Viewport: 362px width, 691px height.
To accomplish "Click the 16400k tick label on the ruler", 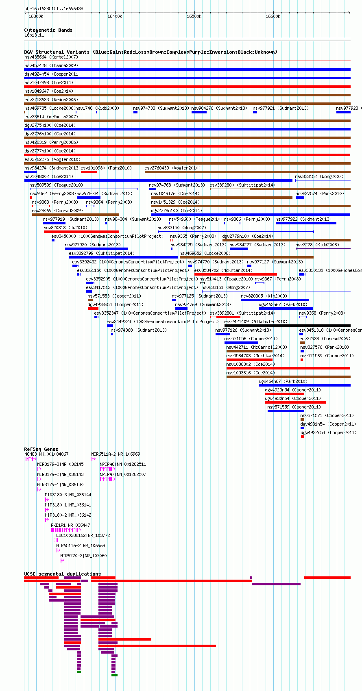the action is click(x=114, y=16).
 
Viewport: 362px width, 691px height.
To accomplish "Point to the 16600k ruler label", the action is click(x=273, y=16).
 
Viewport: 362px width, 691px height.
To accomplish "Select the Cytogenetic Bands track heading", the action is click(x=48, y=30).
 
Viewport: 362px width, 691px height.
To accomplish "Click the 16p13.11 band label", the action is click(x=34, y=35).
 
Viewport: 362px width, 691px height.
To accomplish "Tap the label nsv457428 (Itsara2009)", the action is click(x=51, y=65).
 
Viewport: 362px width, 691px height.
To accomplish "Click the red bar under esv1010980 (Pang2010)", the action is click(x=89, y=172).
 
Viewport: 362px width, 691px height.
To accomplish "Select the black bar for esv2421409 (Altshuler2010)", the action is click(x=287, y=326).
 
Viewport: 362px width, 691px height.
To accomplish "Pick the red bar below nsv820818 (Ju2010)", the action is click(x=81, y=232).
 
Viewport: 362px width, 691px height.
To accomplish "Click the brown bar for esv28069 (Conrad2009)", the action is click(x=76, y=214).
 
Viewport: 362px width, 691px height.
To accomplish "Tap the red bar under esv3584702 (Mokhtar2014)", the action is click(x=236, y=274).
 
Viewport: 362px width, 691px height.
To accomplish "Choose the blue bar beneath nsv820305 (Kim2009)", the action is click(x=275, y=300).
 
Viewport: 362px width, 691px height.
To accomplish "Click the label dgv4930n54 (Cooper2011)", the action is click(x=293, y=399).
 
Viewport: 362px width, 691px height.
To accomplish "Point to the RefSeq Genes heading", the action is click(x=41, y=449).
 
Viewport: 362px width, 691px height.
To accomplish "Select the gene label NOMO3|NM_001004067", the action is click(x=47, y=454).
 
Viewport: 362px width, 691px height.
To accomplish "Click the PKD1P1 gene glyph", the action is click(x=66, y=530).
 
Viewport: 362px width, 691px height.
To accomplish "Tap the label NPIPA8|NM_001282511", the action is click(x=123, y=464).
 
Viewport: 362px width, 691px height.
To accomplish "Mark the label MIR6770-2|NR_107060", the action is click(x=83, y=556).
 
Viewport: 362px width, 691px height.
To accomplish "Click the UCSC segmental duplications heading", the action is click(x=63, y=574).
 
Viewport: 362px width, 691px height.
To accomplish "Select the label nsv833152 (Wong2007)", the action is click(x=319, y=176).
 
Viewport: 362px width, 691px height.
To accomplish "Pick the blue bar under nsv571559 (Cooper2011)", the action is click(x=286, y=411).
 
